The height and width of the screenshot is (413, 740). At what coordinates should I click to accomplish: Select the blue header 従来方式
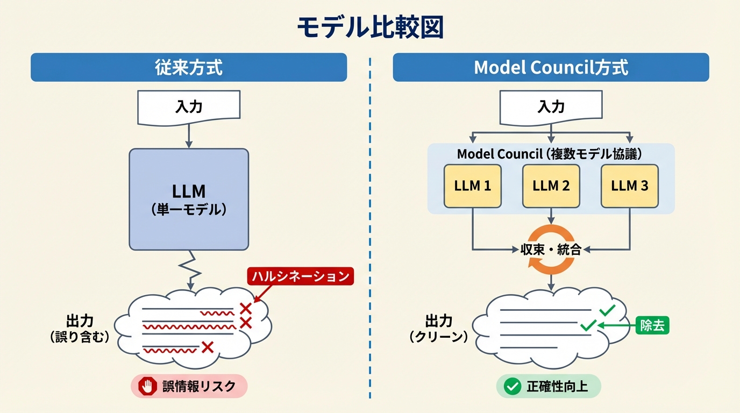[189, 67]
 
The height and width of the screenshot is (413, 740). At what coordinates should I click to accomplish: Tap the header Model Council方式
[551, 67]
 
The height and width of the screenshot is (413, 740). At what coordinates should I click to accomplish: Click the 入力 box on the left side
[189, 106]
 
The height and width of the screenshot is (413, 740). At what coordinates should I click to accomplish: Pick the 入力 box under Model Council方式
[551, 106]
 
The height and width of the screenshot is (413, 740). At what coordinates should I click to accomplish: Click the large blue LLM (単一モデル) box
[189, 200]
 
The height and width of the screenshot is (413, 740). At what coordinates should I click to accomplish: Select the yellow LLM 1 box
[472, 186]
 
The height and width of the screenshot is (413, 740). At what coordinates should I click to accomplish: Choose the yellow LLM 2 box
[551, 186]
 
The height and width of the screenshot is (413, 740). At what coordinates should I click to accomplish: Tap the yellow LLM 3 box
[629, 186]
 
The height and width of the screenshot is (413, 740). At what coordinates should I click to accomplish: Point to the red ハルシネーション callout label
[301, 276]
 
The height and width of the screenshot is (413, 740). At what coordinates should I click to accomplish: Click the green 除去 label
[652, 325]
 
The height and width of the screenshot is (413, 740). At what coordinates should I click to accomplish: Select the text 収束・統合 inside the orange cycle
[551, 250]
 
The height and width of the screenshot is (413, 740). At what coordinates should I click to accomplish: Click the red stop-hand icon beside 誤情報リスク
[146, 386]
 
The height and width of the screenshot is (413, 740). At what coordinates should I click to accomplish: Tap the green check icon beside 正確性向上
[512, 386]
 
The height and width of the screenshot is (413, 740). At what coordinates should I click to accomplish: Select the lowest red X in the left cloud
[207, 347]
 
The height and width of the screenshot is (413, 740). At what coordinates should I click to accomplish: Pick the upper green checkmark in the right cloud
[607, 310]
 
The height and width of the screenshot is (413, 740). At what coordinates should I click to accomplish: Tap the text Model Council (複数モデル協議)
[550, 154]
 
